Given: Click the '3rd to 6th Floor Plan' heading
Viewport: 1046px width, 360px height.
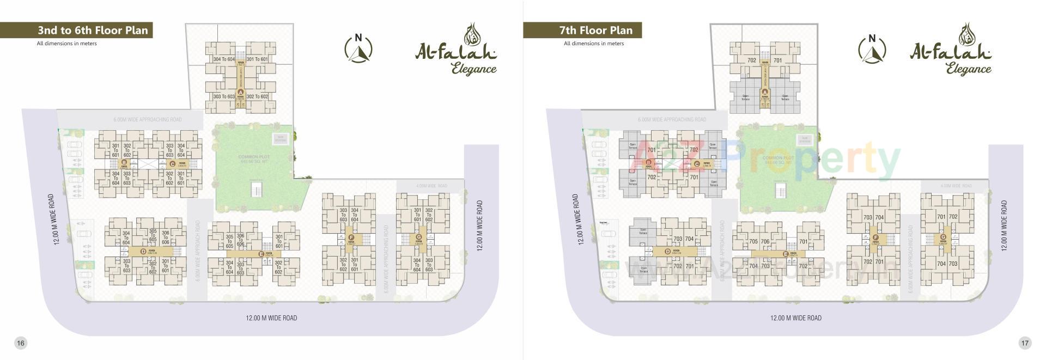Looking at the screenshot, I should click(x=93, y=30).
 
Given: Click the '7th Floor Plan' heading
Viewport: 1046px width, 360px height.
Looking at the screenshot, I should click(x=595, y=30).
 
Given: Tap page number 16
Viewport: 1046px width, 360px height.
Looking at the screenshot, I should click(x=20, y=343).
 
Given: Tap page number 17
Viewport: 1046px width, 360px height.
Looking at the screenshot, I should click(x=1025, y=343).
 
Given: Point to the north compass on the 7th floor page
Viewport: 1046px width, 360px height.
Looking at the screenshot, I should click(x=872, y=48).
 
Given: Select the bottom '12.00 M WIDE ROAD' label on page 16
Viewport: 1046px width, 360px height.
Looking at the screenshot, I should click(x=271, y=318).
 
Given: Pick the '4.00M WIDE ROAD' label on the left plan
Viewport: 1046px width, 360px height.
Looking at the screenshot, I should click(x=431, y=186).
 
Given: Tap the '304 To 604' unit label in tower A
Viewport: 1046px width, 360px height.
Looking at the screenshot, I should click(x=224, y=59).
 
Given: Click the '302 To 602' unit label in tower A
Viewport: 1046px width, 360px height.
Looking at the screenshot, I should click(x=257, y=96).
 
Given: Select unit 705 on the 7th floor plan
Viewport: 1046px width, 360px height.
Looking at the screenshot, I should click(x=753, y=241).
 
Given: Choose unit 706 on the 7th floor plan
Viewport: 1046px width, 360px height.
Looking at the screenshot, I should click(x=765, y=241).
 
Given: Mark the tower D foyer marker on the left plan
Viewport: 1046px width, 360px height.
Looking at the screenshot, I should click(x=143, y=251).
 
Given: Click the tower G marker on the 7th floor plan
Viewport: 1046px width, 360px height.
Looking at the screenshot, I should click(x=942, y=237).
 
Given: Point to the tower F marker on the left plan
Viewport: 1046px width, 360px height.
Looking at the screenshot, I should click(x=351, y=237).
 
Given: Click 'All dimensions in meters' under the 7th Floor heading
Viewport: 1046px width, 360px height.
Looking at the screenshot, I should click(x=594, y=44).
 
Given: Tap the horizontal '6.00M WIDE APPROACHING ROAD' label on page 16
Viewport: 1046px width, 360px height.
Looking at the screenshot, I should click(x=148, y=119).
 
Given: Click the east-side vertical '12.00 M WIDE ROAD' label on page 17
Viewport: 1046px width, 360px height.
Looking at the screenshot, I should click(x=1004, y=225).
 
